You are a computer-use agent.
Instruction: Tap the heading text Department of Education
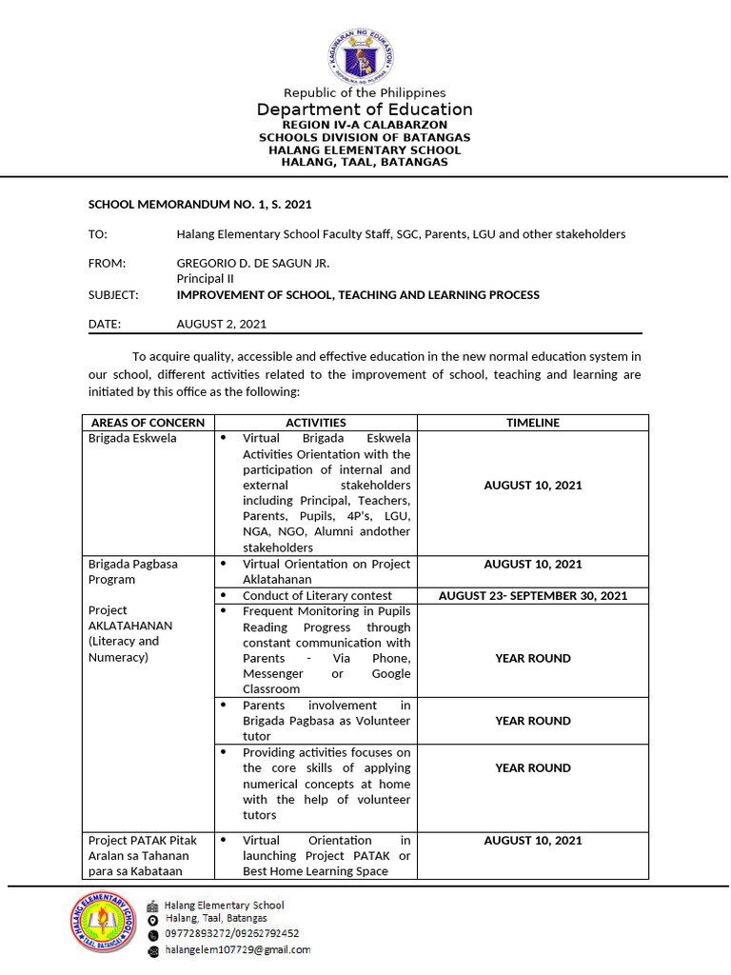point(365,109)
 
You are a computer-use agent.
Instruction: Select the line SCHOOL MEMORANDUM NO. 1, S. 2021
point(200,204)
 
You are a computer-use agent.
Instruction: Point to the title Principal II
point(205,279)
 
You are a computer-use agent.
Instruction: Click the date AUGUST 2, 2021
point(222,324)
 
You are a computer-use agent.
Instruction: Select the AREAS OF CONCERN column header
point(148,423)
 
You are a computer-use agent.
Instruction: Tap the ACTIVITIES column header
point(316,423)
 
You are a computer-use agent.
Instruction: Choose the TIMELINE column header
point(533,423)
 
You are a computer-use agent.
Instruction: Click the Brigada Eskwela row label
point(132,439)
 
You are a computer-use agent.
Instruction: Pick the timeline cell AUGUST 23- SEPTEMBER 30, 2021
point(533,596)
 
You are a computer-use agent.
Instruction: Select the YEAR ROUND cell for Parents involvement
point(533,721)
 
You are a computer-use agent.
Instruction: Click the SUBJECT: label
point(113,295)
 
